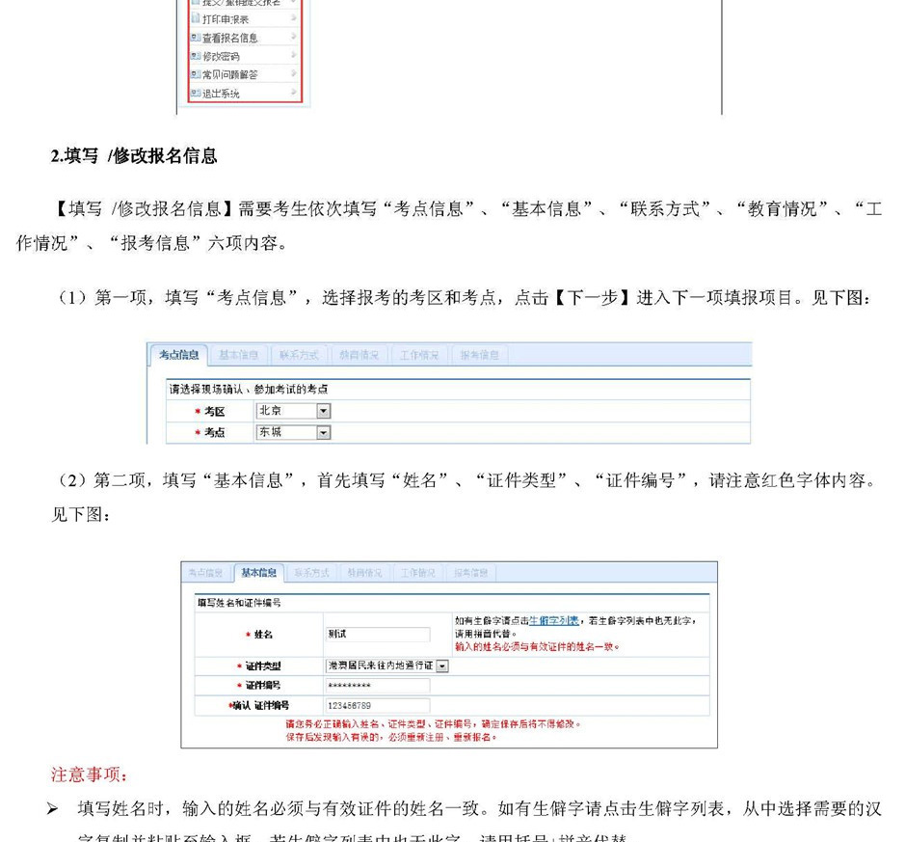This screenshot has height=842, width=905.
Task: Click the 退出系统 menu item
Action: coord(221,94)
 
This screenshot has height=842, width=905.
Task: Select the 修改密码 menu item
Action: coord(221,56)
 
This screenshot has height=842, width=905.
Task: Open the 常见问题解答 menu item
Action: coord(229,74)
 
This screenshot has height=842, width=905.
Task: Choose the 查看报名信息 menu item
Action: coord(229,38)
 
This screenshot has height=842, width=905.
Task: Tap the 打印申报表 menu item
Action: coord(225,19)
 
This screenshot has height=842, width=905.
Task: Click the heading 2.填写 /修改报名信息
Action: coord(134,155)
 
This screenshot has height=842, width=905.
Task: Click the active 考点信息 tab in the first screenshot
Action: coord(178,355)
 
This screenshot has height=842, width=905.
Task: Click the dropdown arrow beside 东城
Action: coord(324,433)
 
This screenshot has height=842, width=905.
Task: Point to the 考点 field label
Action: coord(214,433)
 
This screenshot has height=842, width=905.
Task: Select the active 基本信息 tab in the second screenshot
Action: coord(259,573)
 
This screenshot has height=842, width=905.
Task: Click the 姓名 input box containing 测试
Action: coord(377,635)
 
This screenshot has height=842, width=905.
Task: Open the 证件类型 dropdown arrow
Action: coord(442,665)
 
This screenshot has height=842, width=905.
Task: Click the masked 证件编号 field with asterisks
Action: coord(377,686)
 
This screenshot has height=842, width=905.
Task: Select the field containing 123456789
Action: coord(377,706)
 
